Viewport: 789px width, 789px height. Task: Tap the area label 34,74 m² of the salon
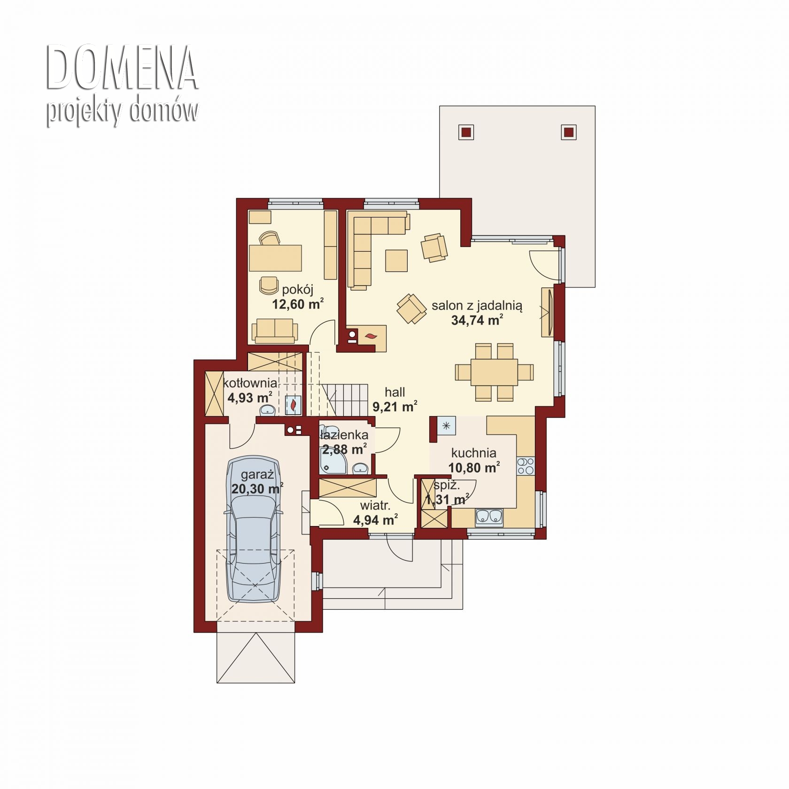(477, 320)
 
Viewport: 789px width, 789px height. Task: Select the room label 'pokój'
(297, 289)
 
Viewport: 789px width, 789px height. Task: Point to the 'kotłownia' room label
(250, 382)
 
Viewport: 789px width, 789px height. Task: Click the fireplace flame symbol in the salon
(371, 336)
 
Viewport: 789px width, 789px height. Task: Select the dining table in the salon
(494, 372)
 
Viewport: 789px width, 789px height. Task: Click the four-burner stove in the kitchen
(526, 465)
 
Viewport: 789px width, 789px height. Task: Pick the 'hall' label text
(394, 392)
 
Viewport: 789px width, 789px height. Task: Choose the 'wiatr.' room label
(375, 506)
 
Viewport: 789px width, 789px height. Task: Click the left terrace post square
(466, 132)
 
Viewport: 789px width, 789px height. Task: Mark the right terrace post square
(569, 132)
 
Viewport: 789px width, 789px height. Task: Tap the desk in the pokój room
(275, 258)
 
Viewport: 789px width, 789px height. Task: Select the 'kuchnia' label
(474, 453)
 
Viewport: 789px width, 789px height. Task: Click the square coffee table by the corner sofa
(396, 260)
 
